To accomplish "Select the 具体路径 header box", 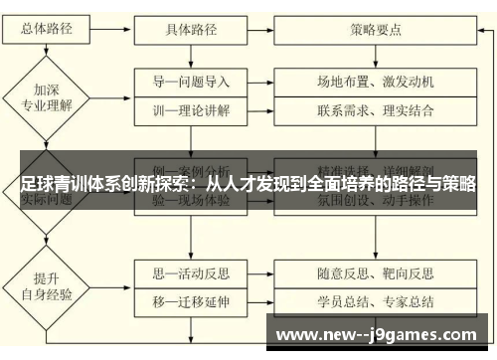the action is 191,29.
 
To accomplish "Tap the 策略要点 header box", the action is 376,29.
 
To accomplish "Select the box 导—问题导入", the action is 191,81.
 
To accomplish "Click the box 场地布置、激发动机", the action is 376,81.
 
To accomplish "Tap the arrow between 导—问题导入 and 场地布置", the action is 267,81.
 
